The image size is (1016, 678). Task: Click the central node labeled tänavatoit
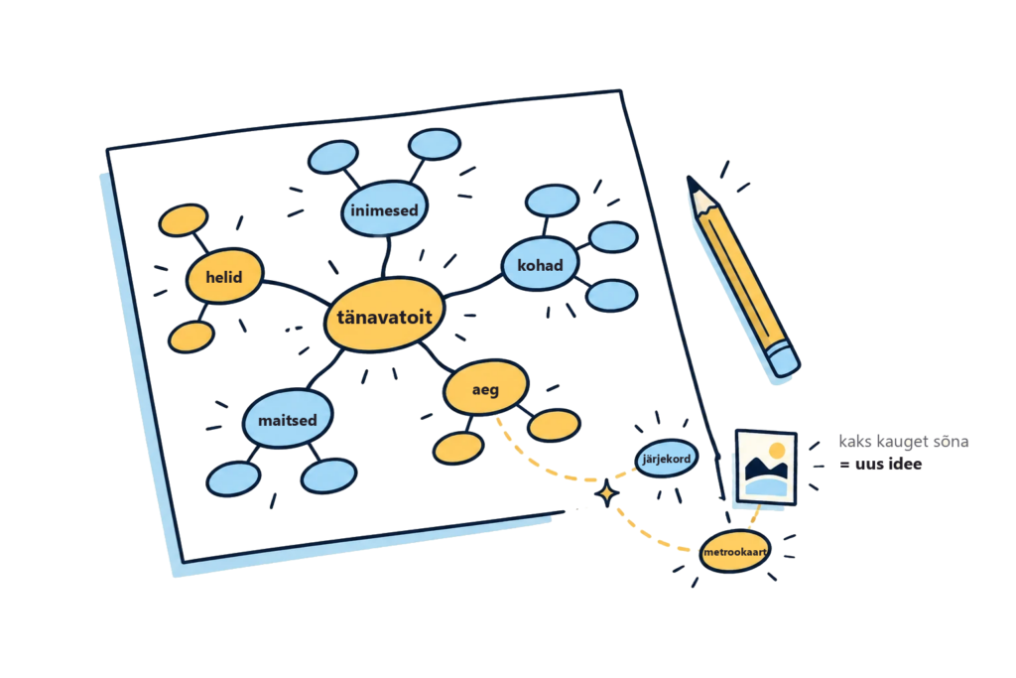pyautogui.click(x=384, y=315)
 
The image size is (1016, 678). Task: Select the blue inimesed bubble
pyautogui.click(x=384, y=208)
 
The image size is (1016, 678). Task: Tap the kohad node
pyautogui.click(x=540, y=264)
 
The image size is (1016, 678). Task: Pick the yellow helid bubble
pyautogui.click(x=225, y=276)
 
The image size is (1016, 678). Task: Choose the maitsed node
pyautogui.click(x=288, y=419)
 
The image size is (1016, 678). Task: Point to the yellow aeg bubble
pyautogui.click(x=486, y=387)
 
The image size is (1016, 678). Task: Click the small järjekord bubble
pyautogui.click(x=666, y=459)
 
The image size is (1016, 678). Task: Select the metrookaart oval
pyautogui.click(x=735, y=552)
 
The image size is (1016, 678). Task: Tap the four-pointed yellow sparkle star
pyautogui.click(x=606, y=494)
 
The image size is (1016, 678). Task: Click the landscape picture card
pyautogui.click(x=766, y=467)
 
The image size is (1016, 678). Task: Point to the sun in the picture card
pyautogui.click(x=777, y=451)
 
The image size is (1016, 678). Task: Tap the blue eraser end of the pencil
pyautogui.click(x=784, y=360)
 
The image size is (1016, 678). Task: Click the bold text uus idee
pyautogui.click(x=881, y=464)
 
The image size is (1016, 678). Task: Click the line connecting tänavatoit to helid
pyautogui.click(x=296, y=289)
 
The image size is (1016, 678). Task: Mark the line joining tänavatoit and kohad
pyautogui.click(x=473, y=286)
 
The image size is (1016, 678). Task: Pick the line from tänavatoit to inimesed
pyautogui.click(x=387, y=257)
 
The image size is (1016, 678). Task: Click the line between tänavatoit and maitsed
pyautogui.click(x=325, y=369)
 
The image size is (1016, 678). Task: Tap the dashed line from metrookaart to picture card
pyautogui.click(x=755, y=517)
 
